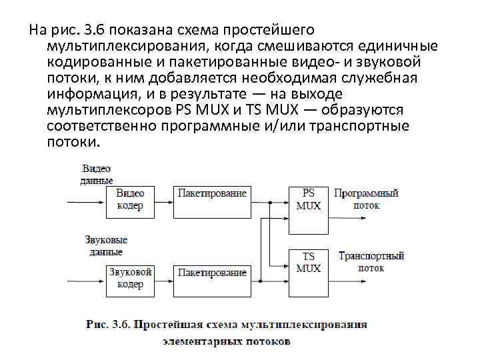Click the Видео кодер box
click(130, 200)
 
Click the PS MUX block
click(308, 200)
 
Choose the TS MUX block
click(308, 263)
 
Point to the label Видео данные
click(96, 175)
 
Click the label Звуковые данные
click(106, 246)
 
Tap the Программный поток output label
click(366, 199)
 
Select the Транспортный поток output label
click(371, 262)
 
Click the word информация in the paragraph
click(90, 93)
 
